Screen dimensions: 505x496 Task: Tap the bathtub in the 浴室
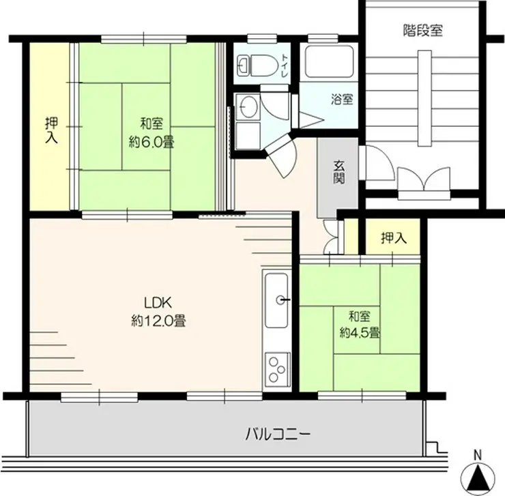click(x=329, y=61)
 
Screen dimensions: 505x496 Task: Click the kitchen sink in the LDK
click(x=276, y=300)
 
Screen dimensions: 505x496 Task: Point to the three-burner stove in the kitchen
click(x=277, y=369)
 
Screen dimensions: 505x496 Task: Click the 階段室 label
click(x=423, y=31)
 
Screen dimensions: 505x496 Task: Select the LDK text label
click(x=158, y=303)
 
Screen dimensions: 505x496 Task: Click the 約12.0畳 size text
click(x=158, y=321)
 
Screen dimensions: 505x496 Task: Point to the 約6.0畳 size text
click(x=151, y=142)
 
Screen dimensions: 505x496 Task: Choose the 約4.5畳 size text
click(x=359, y=333)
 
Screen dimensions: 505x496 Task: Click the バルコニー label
click(x=278, y=435)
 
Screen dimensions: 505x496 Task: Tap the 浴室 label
click(x=342, y=99)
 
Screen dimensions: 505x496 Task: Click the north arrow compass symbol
click(x=477, y=477)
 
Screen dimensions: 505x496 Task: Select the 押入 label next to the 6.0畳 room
click(x=52, y=130)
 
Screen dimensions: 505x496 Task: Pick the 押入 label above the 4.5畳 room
click(x=393, y=238)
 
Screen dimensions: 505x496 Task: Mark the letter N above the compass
click(x=477, y=456)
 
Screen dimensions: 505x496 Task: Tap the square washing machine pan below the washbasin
click(x=247, y=136)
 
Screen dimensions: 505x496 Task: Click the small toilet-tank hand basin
click(x=242, y=65)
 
